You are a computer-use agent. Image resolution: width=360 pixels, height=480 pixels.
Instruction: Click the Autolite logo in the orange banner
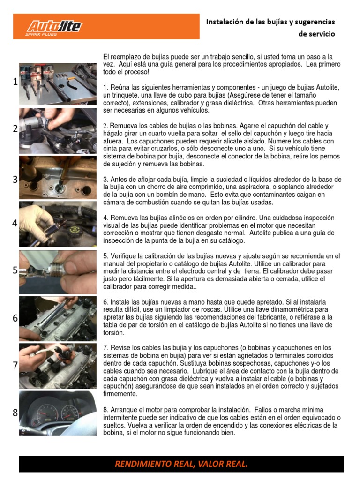(53, 27)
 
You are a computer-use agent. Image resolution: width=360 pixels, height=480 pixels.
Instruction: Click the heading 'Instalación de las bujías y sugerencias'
(270, 22)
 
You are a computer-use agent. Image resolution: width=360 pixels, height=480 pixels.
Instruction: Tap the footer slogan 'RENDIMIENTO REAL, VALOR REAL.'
(181, 464)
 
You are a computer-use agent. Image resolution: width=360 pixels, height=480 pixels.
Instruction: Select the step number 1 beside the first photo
(15, 82)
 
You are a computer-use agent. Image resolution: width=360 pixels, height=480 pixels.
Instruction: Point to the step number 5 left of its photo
(15, 270)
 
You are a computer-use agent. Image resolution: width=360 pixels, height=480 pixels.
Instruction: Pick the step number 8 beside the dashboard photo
(15, 413)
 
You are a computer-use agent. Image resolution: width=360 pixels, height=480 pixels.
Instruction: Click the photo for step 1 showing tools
(58, 81)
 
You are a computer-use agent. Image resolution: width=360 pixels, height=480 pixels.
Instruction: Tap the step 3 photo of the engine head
(58, 177)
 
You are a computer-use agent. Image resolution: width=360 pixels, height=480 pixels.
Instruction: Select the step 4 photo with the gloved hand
(58, 224)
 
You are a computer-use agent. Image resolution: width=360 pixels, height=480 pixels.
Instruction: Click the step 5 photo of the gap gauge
(58, 271)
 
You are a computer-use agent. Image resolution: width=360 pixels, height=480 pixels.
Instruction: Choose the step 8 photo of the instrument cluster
(58, 413)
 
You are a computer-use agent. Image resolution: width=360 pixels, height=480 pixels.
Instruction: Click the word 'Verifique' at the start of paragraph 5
(124, 256)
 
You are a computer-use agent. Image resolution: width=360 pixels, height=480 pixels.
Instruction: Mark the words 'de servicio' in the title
(316, 34)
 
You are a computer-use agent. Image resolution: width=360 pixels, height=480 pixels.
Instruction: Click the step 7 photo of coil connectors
(58, 366)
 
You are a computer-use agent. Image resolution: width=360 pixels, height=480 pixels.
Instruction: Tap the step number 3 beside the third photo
(15, 180)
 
